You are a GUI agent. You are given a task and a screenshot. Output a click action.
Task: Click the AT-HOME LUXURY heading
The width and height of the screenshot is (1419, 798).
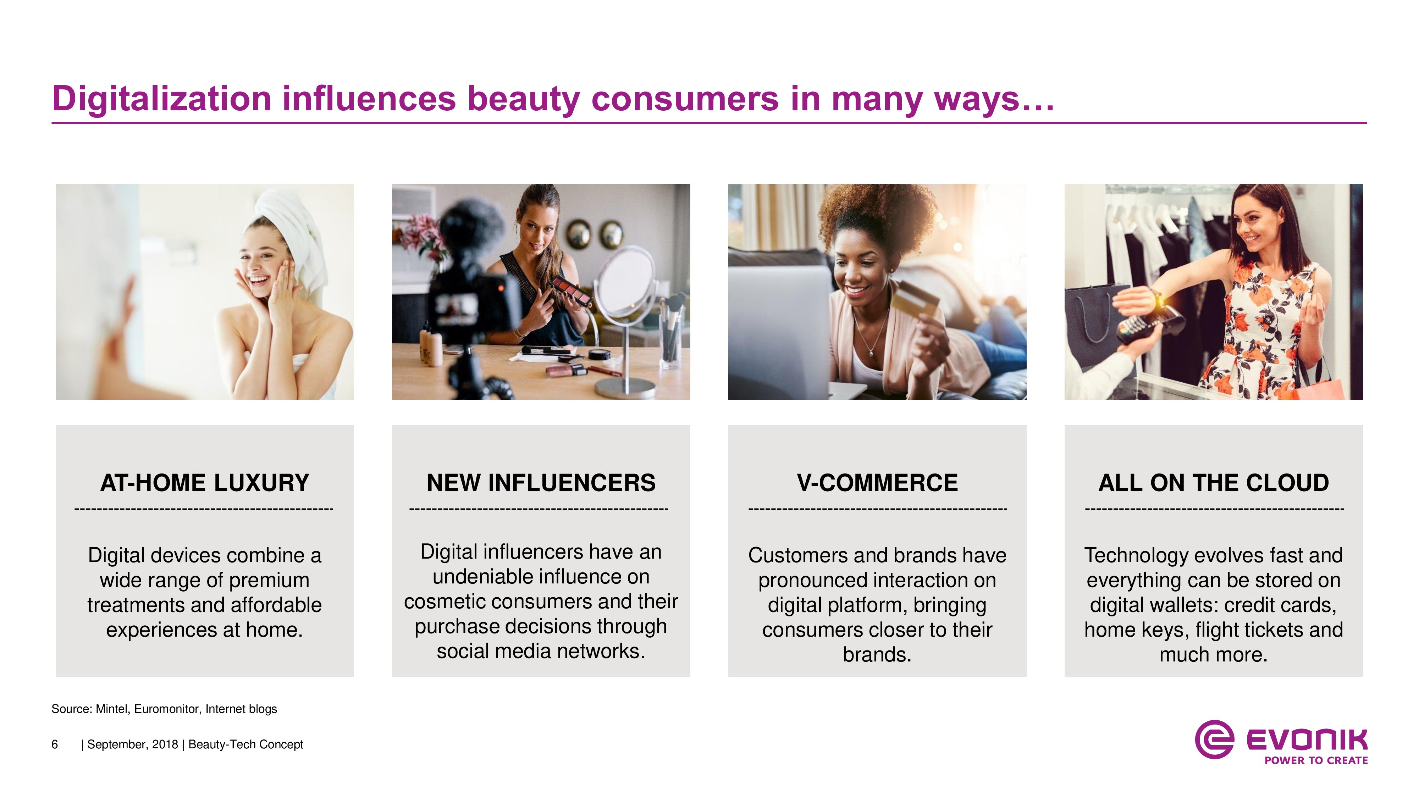tap(205, 483)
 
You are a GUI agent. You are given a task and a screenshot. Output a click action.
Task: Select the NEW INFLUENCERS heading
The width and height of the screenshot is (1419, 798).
tap(541, 483)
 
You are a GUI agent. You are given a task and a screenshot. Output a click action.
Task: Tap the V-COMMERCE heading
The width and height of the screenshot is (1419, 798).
tap(877, 483)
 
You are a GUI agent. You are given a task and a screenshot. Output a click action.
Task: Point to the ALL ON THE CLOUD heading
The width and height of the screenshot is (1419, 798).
tap(1214, 483)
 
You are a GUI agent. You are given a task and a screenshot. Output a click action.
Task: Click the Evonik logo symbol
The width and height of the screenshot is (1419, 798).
tap(1214, 739)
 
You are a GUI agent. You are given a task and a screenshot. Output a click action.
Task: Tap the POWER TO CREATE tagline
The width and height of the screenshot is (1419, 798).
tap(1316, 760)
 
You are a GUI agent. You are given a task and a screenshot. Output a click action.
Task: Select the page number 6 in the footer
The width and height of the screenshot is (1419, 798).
tap(55, 744)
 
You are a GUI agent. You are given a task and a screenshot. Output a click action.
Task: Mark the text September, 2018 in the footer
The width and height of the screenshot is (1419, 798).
tap(133, 744)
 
